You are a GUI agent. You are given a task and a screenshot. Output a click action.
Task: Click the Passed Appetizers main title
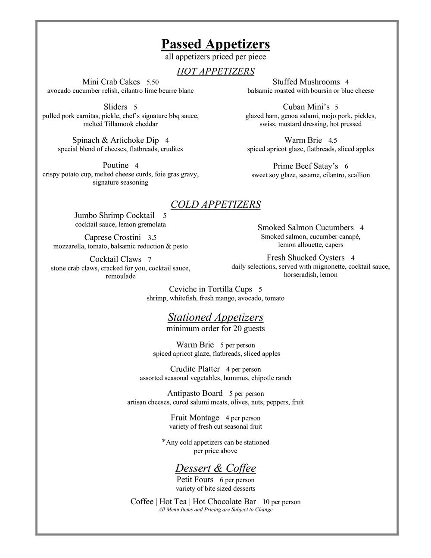click(x=215, y=44)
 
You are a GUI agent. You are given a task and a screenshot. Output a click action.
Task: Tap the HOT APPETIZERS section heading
click(x=215, y=71)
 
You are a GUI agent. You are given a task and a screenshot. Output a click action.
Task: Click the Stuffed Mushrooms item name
click(x=306, y=82)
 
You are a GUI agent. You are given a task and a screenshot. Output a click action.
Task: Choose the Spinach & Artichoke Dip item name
click(x=116, y=140)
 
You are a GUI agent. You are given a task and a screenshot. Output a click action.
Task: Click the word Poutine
click(x=116, y=165)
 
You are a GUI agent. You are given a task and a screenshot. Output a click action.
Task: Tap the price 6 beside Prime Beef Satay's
click(x=346, y=166)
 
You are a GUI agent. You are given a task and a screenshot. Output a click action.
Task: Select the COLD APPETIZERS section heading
click(x=215, y=204)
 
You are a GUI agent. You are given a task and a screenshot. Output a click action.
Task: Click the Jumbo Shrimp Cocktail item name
click(x=114, y=216)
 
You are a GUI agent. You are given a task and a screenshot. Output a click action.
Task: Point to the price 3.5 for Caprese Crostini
click(x=152, y=238)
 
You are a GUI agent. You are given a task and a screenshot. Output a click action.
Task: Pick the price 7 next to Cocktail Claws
click(x=150, y=260)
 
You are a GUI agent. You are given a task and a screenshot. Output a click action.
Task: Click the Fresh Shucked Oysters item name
click(x=306, y=258)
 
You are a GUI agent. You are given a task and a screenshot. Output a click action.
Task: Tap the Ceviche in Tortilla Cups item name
click(x=210, y=289)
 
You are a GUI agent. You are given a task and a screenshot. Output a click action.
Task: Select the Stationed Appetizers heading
click(x=215, y=317)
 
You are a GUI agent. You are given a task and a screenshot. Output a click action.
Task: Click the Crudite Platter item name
click(x=195, y=369)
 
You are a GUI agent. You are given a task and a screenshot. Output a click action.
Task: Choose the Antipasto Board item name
click(x=195, y=393)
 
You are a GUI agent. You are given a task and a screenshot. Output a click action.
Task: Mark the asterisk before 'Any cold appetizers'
click(x=164, y=441)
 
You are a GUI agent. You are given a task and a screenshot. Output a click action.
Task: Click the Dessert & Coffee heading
click(x=215, y=468)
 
